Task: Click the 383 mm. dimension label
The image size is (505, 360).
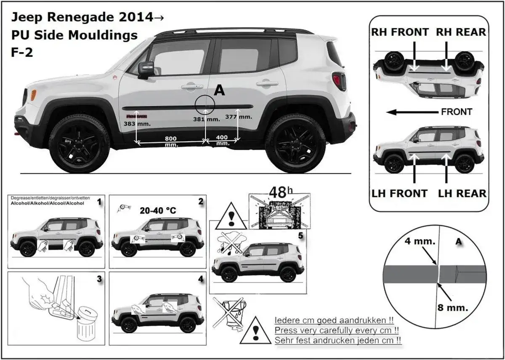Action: (x=135, y=124)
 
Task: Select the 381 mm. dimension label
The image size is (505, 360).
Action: (x=207, y=119)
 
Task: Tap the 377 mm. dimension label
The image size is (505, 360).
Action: (x=238, y=116)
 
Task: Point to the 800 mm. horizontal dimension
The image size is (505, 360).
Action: (x=170, y=141)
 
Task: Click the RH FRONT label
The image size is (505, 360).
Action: (x=400, y=32)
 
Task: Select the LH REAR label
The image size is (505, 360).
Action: (x=462, y=193)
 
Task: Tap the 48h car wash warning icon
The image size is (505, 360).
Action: (x=280, y=211)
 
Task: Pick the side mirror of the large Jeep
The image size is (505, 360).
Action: (x=146, y=69)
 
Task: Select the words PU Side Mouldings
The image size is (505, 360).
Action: (x=74, y=35)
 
